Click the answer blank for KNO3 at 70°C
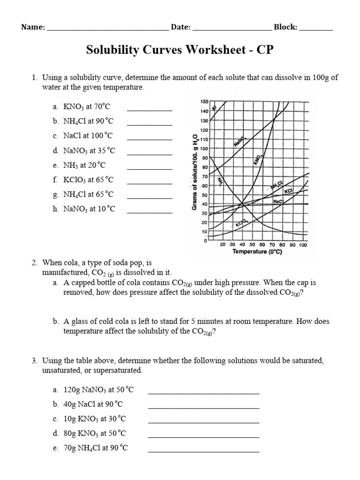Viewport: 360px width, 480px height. [150, 110]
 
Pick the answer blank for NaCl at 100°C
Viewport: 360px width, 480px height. [150, 139]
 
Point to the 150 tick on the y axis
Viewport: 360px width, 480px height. [204, 102]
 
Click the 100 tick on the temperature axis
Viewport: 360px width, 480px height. [302, 245]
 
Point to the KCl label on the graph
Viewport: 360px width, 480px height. [288, 191]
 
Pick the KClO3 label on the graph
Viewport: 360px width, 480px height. [241, 225]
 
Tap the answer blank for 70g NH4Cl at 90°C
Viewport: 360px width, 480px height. [203, 451]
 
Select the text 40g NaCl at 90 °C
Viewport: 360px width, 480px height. [93, 404]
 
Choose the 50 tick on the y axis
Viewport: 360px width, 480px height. [205, 195]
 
